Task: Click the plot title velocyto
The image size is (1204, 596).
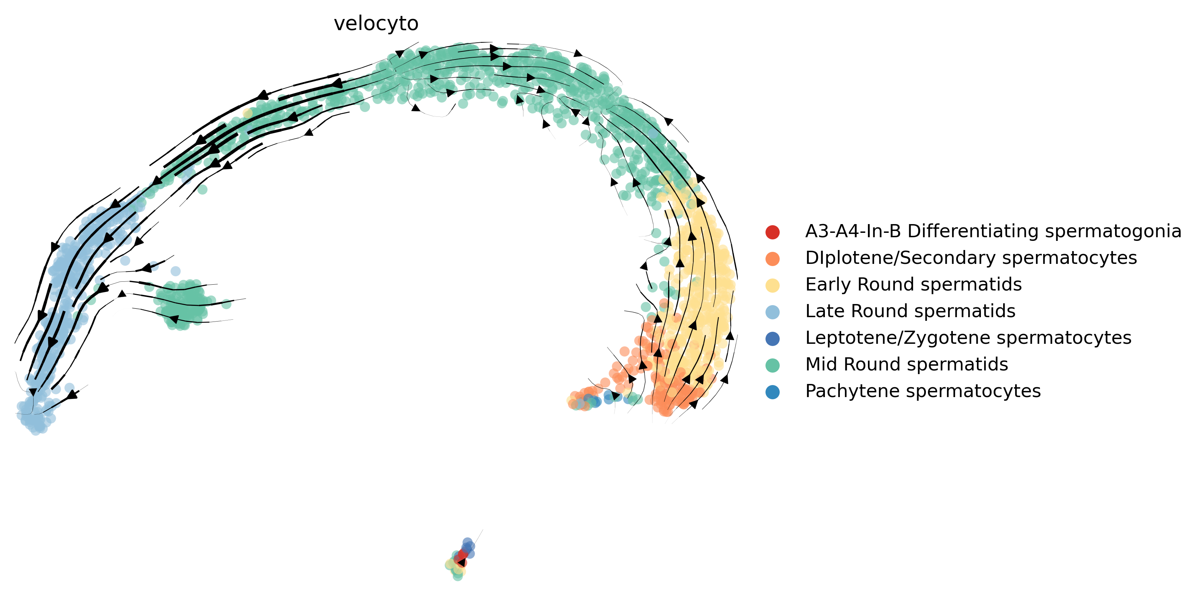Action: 376,23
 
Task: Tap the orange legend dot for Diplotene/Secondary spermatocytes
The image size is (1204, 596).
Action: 773,259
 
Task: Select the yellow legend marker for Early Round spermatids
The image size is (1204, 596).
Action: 773,285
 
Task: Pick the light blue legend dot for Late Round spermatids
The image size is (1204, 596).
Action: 773,312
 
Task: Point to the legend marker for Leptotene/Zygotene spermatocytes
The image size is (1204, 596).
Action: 773,339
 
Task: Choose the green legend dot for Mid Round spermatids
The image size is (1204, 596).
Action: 773,365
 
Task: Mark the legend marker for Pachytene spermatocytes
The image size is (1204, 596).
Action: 773,392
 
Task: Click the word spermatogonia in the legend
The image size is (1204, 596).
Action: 1113,231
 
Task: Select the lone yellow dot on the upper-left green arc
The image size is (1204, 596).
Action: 248,113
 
